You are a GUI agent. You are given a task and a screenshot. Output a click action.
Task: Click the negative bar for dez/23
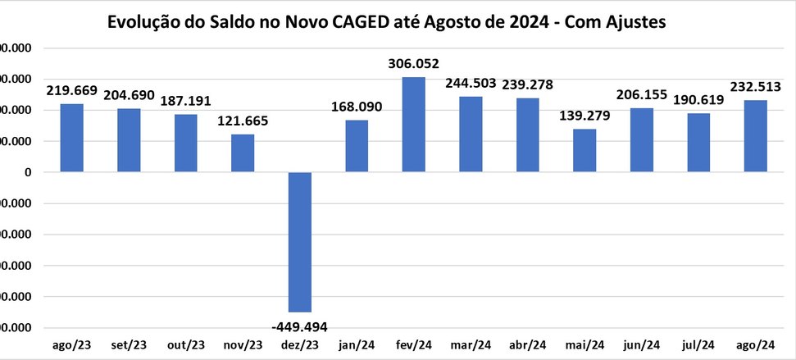(x=299, y=242)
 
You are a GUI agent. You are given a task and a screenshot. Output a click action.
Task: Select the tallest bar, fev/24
(x=413, y=125)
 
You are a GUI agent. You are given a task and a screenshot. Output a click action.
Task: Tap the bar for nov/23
(x=242, y=153)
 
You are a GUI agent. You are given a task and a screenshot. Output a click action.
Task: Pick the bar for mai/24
(x=584, y=151)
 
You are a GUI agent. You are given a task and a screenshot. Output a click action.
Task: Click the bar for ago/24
(x=755, y=136)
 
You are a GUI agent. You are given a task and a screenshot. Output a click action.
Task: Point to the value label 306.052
(x=413, y=64)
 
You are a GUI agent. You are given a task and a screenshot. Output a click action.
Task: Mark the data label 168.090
(x=357, y=107)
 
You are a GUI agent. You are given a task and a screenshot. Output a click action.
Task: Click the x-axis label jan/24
(x=357, y=345)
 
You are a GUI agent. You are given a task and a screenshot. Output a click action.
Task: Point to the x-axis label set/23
(x=128, y=345)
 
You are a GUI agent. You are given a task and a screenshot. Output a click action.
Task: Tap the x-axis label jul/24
(x=698, y=345)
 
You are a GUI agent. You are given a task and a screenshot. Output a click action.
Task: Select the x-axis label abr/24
(x=527, y=345)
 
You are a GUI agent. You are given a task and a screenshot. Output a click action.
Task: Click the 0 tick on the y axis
(x=28, y=172)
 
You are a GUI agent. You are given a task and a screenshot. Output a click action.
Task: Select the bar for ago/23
(x=71, y=138)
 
